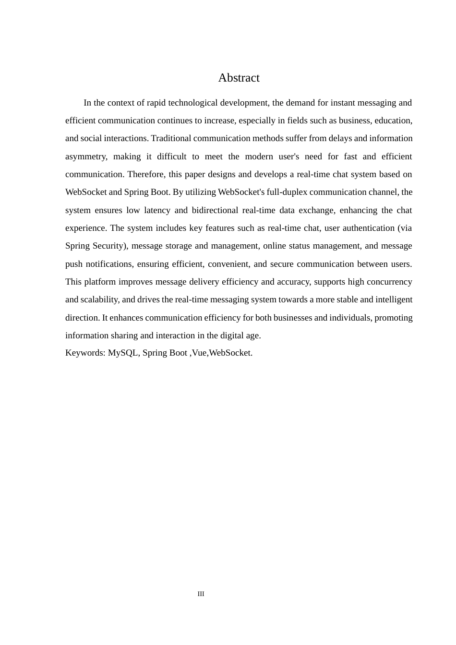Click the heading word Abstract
[x=239, y=78]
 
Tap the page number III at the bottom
[x=201, y=594]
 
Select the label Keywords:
[x=85, y=353]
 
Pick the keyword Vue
[x=199, y=353]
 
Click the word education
[x=393, y=120]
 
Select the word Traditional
[x=174, y=138]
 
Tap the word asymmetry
[x=86, y=156]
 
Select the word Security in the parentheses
[x=109, y=246]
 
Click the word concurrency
[x=388, y=282]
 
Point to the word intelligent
[x=391, y=299]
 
